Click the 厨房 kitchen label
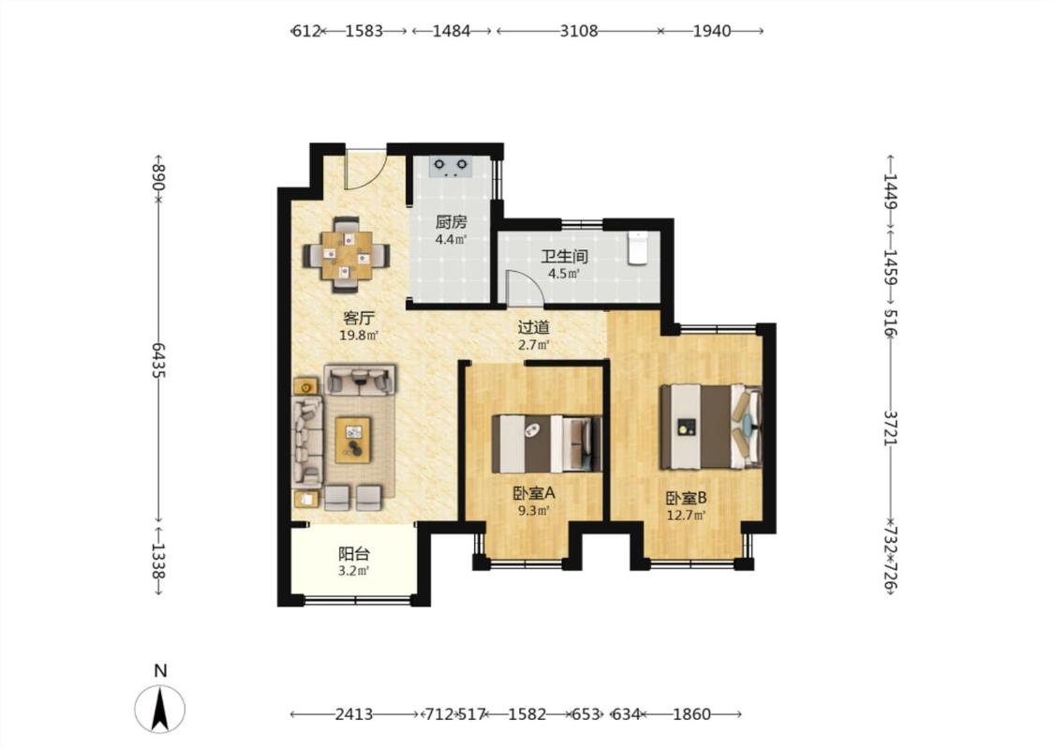click(451, 222)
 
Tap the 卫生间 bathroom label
click(565, 256)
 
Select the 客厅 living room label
click(358, 318)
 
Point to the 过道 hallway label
click(534, 327)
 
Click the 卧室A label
click(534, 493)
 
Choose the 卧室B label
click(687, 499)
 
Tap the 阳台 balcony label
click(353, 554)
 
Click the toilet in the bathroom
click(637, 247)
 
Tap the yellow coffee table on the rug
click(353, 440)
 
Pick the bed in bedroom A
click(546, 444)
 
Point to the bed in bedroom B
click(711, 427)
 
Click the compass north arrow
click(160, 709)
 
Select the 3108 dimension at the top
click(579, 31)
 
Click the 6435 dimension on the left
click(158, 360)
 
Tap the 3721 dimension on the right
click(890, 427)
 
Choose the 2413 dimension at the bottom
click(353, 713)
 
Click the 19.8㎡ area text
click(358, 335)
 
